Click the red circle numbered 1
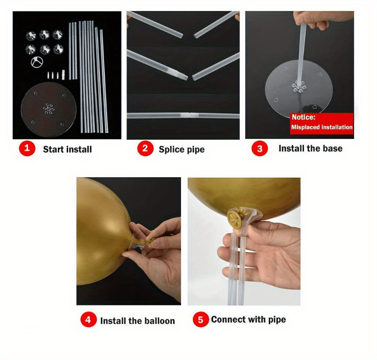click(x=27, y=149)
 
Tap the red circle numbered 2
click(x=145, y=149)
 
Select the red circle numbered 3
click(x=260, y=149)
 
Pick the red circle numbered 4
click(x=88, y=320)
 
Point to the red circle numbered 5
click(x=201, y=320)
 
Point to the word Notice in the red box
click(x=302, y=117)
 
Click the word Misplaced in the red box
click(x=303, y=127)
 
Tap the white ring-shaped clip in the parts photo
click(x=37, y=62)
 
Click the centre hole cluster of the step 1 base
click(x=49, y=109)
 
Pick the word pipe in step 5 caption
click(x=277, y=320)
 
